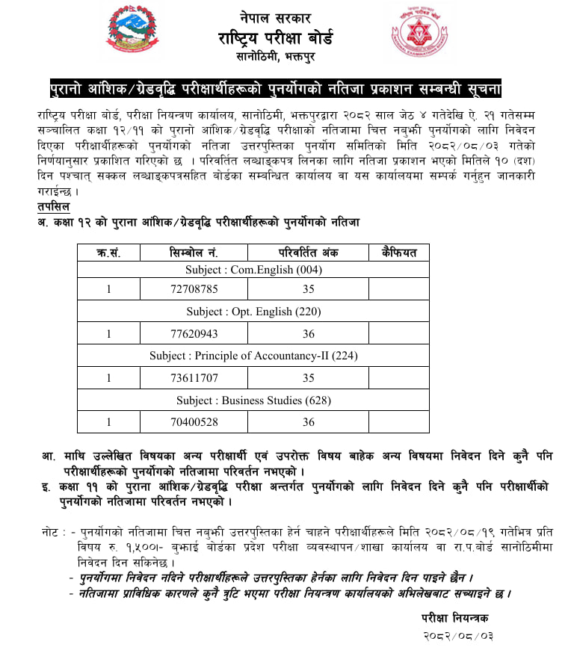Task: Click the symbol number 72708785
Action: tap(194, 288)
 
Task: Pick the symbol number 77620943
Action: tap(194, 333)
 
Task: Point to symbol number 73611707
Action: tap(194, 378)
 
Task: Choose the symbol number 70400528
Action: tap(194, 422)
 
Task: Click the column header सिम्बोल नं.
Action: tap(194, 253)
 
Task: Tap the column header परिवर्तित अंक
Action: tap(309, 253)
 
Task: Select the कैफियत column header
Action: tap(398, 253)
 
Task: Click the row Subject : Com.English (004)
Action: tap(253, 270)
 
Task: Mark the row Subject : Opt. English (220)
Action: tap(253, 311)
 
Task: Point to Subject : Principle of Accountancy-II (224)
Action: tap(253, 356)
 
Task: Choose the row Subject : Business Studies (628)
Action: tap(253, 400)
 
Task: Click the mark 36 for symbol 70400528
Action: tap(309, 422)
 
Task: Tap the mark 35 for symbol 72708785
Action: tap(309, 288)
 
